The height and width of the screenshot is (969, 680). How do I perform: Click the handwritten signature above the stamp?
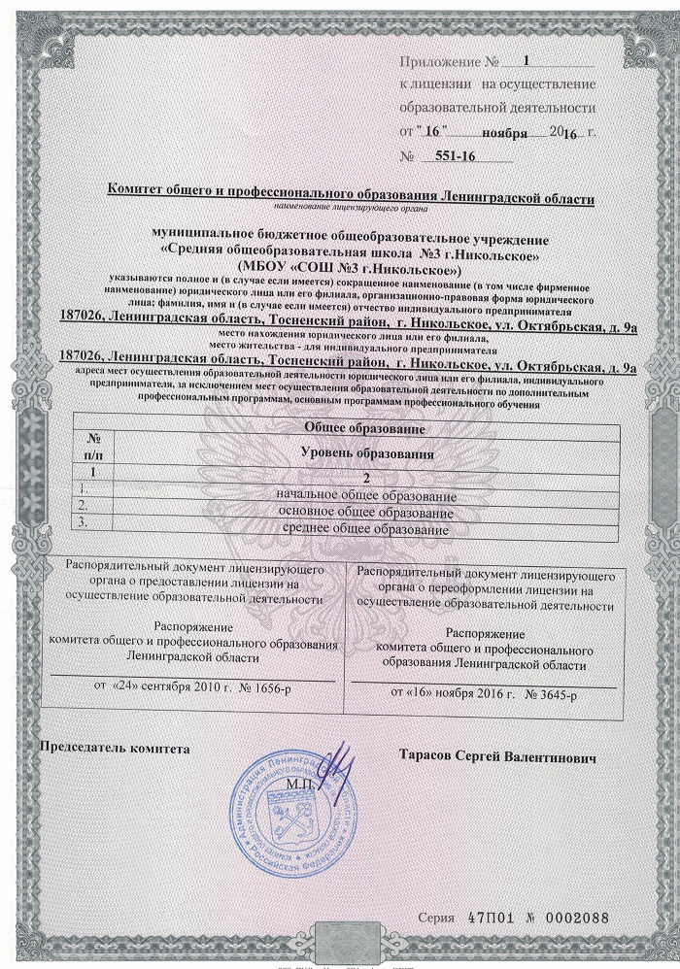[336, 768]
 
